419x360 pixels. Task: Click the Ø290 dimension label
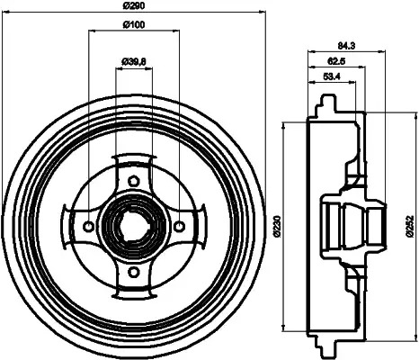point(134,5)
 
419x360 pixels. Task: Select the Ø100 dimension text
point(134,24)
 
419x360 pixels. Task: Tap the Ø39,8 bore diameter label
point(134,62)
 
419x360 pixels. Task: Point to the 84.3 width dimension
point(346,46)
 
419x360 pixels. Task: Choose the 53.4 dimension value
point(332,76)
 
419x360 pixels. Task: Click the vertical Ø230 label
point(277,227)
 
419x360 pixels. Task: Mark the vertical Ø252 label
point(410,227)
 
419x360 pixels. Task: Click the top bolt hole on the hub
point(133,181)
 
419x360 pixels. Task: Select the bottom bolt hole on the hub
point(133,272)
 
